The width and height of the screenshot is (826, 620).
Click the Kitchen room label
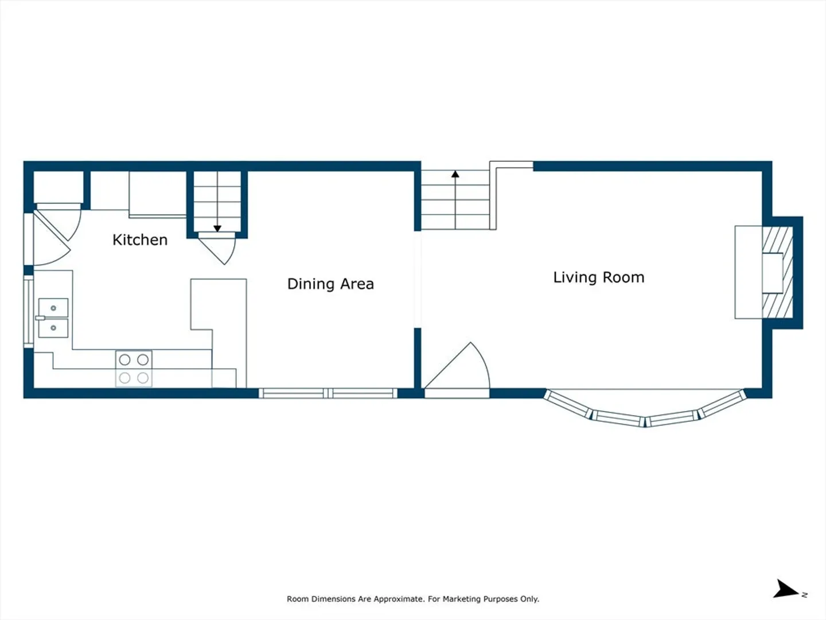click(x=140, y=240)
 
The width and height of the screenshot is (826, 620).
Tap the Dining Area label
click(x=330, y=284)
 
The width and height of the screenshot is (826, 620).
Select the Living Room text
click(x=599, y=277)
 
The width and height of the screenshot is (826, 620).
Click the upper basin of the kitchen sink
click(x=53, y=308)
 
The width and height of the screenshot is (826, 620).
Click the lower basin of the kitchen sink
click(x=53, y=328)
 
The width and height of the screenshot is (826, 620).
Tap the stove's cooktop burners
click(x=134, y=369)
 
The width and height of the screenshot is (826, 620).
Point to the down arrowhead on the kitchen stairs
click(x=217, y=228)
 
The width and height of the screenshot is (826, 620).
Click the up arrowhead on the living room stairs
click(x=455, y=174)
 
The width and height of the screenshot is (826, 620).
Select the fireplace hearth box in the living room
click(x=749, y=272)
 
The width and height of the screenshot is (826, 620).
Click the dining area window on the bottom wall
click(x=328, y=393)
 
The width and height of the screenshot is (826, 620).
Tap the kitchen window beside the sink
click(x=29, y=312)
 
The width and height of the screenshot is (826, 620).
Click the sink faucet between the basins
click(x=40, y=318)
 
